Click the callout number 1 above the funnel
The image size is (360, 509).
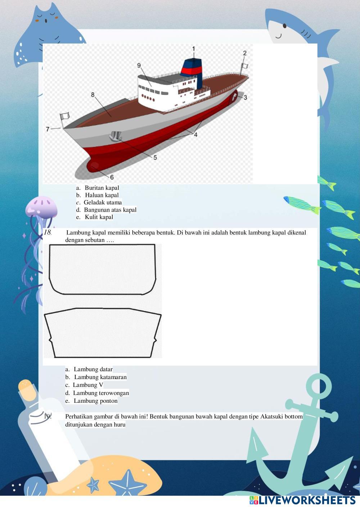pos(194,49)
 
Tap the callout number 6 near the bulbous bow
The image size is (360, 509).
pos(112,177)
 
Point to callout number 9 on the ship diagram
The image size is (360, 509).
pos(139,66)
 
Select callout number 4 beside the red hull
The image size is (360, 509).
pos(196,135)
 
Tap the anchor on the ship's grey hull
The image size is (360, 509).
pos(116,136)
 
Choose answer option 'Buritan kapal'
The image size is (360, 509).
pos(102,188)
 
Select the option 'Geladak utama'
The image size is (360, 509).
pos(103,202)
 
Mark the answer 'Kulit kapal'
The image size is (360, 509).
pos(99,217)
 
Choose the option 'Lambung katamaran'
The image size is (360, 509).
pos(100,377)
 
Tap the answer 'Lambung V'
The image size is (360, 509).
pos(88,385)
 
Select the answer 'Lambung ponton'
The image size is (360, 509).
pos(95,401)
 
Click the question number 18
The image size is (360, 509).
pos(48,233)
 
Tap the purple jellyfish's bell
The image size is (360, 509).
pos(41,207)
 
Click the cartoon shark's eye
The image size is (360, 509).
pos(284,26)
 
